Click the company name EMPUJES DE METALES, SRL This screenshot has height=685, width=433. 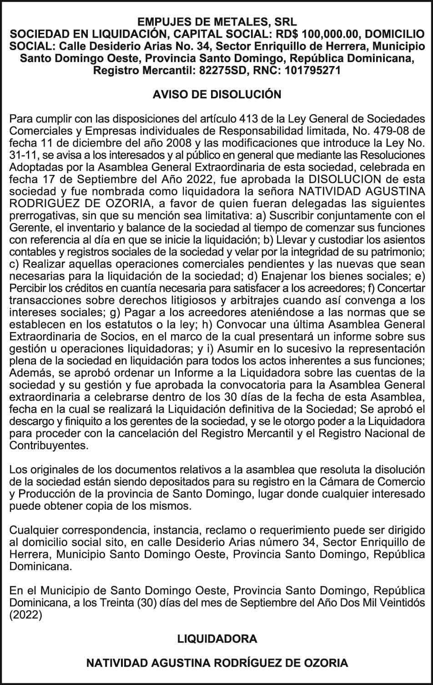pos(217,22)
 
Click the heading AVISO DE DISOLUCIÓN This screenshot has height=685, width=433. pos(217,95)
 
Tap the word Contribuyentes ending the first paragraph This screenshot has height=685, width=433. pos(49,445)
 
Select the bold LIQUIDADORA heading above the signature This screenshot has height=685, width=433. pos(217,639)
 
